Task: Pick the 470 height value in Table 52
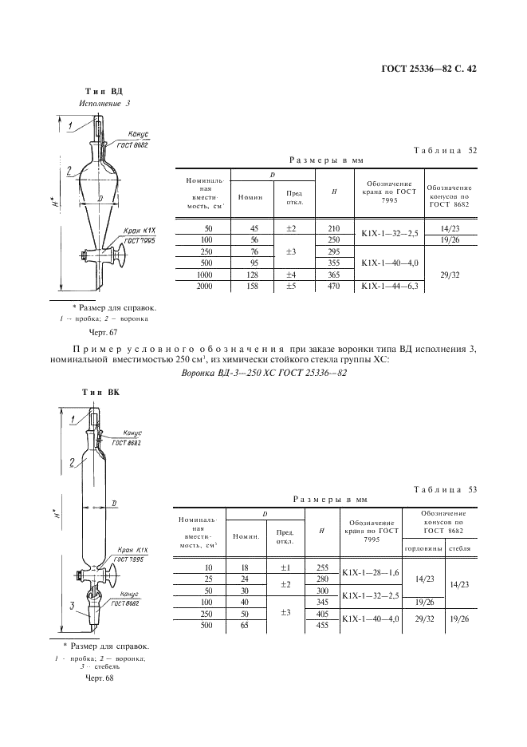(334, 286)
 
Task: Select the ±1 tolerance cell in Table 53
(284, 567)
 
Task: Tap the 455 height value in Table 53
(322, 626)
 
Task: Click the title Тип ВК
(101, 392)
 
